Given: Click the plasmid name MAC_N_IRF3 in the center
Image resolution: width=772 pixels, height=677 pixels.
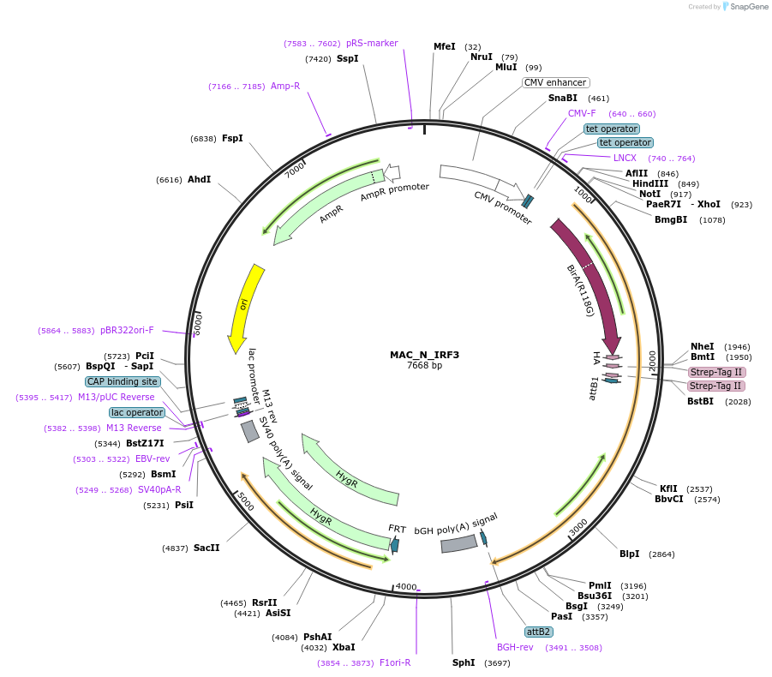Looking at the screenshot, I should point(424,355).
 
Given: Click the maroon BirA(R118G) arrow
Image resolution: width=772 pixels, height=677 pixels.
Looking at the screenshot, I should point(591,283).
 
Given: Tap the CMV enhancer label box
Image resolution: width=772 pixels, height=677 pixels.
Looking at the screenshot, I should point(556,83).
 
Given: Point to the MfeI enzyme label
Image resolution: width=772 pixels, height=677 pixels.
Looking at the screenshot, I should point(445,46).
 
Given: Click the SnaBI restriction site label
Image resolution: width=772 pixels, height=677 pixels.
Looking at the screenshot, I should point(563,99).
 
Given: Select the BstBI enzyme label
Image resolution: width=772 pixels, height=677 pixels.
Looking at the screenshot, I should point(700,401).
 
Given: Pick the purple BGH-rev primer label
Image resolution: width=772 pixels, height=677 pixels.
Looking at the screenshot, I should point(515,647).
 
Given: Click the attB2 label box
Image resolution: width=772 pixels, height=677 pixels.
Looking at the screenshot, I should point(538,632).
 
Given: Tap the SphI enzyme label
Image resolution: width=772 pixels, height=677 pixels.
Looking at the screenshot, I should point(464,662).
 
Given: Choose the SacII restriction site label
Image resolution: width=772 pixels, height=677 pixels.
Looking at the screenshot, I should point(206,548).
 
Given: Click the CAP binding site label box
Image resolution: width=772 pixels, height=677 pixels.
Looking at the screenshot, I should point(123,381).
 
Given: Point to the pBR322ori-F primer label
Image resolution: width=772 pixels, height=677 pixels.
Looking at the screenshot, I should point(127,330).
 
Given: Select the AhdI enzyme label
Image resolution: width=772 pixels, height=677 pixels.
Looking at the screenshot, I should point(199,180).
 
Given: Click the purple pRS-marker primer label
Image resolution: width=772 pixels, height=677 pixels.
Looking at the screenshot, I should point(372,43).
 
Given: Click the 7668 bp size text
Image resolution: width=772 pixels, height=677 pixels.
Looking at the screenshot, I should point(424,366).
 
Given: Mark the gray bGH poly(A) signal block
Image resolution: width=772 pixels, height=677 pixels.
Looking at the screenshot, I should point(458,543).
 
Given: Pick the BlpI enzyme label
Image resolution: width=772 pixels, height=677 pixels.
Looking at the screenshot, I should point(629,554).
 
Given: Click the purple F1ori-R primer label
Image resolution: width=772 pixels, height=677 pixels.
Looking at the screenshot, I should point(395,662).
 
